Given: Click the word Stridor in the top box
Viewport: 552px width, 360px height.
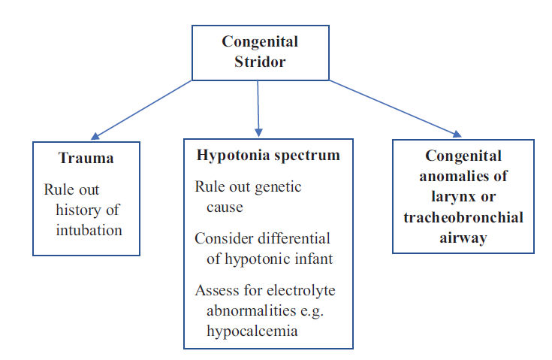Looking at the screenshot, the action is click(260, 62).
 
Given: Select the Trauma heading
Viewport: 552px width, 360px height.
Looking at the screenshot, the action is click(86, 158).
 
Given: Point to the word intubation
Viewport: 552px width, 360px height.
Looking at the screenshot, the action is click(89, 231).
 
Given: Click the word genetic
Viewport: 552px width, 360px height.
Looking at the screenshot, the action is click(278, 187).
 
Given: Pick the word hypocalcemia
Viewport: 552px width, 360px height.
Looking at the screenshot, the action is click(252, 331).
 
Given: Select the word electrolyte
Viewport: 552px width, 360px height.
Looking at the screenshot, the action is click(300, 291).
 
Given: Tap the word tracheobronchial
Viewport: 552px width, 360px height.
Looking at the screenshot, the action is click(463, 217).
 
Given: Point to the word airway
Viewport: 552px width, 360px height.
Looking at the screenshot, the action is click(463, 238).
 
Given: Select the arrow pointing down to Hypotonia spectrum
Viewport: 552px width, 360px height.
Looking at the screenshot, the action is click(258, 109).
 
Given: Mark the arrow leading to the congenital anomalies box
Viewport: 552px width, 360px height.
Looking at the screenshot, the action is click(395, 109).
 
